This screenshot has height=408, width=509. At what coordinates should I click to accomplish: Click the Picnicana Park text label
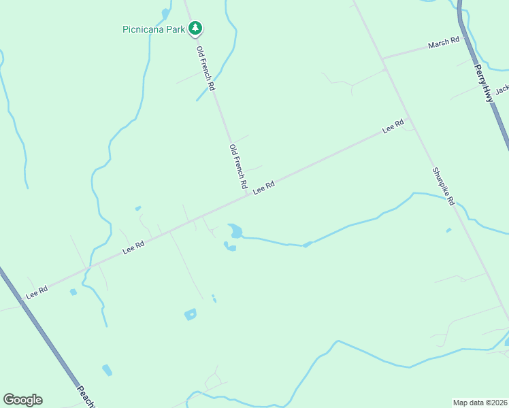[154, 29]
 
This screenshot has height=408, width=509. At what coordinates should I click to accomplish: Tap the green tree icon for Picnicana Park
[196, 29]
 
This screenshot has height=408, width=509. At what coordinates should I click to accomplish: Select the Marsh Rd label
[444, 44]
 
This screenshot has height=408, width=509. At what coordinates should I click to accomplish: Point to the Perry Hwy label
[483, 83]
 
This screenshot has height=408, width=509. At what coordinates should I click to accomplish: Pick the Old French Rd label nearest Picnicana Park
[206, 68]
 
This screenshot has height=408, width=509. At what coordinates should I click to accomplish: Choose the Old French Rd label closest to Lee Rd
[237, 167]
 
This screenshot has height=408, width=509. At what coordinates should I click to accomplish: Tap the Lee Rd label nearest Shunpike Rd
[393, 126]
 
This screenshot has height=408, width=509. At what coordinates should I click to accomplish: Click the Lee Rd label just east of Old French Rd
[263, 187]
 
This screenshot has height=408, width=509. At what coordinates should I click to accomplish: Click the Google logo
[22, 400]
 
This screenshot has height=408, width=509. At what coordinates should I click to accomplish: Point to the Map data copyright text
[480, 402]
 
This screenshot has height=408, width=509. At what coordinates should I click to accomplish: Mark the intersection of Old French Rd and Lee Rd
[248, 196]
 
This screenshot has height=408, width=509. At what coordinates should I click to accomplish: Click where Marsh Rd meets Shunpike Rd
[383, 58]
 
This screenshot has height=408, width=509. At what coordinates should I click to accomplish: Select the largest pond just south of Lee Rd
[235, 231]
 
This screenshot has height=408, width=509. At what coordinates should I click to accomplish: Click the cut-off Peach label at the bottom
[86, 396]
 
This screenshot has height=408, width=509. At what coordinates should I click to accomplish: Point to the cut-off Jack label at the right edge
[502, 90]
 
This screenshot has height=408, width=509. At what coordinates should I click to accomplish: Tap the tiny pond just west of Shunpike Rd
[448, 230]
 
